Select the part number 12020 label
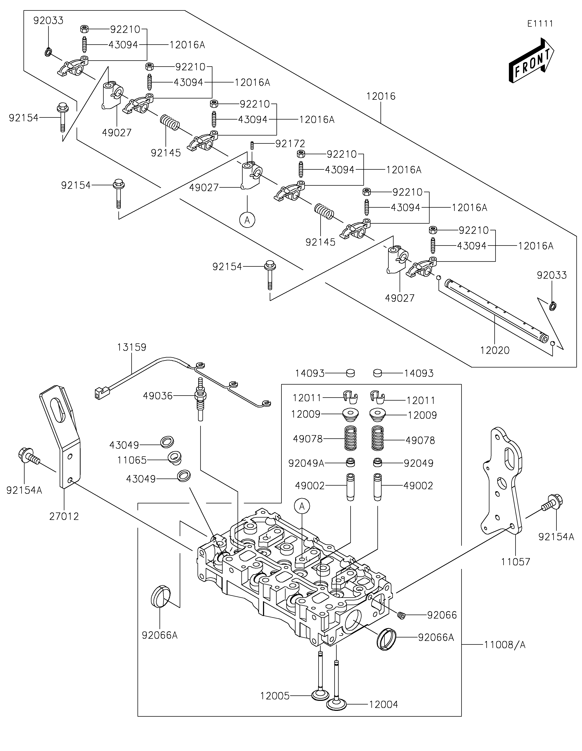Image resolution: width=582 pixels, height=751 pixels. point(495,350)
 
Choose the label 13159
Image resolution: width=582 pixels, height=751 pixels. point(131,347)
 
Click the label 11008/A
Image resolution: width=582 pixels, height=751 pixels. point(505,645)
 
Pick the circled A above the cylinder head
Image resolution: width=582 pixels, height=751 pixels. point(302,506)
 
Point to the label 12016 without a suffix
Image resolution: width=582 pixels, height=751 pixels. point(381,96)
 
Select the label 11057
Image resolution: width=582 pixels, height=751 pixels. point(515,562)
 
